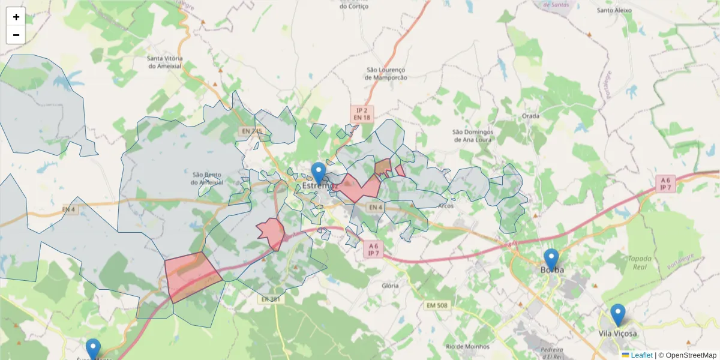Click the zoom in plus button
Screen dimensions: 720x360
point(16,17)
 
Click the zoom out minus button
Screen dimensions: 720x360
point(16,35)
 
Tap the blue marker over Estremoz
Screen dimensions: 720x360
point(319,173)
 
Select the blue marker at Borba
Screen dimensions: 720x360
point(551,259)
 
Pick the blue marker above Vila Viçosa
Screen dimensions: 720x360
point(617,314)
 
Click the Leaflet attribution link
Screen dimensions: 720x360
point(641,355)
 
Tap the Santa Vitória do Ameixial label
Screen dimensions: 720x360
point(165,62)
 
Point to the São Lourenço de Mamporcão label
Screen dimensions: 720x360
point(386,73)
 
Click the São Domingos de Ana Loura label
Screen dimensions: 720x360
point(472,136)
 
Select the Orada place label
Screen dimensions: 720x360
point(530,116)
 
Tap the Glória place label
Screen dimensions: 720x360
point(390,286)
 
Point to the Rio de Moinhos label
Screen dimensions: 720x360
point(467,346)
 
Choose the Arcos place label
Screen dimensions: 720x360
point(446,205)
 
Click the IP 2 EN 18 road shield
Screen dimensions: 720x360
point(361,114)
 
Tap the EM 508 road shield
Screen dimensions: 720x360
point(437,305)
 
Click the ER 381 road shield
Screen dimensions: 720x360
point(271,299)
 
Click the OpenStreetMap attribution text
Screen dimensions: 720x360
point(691,355)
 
